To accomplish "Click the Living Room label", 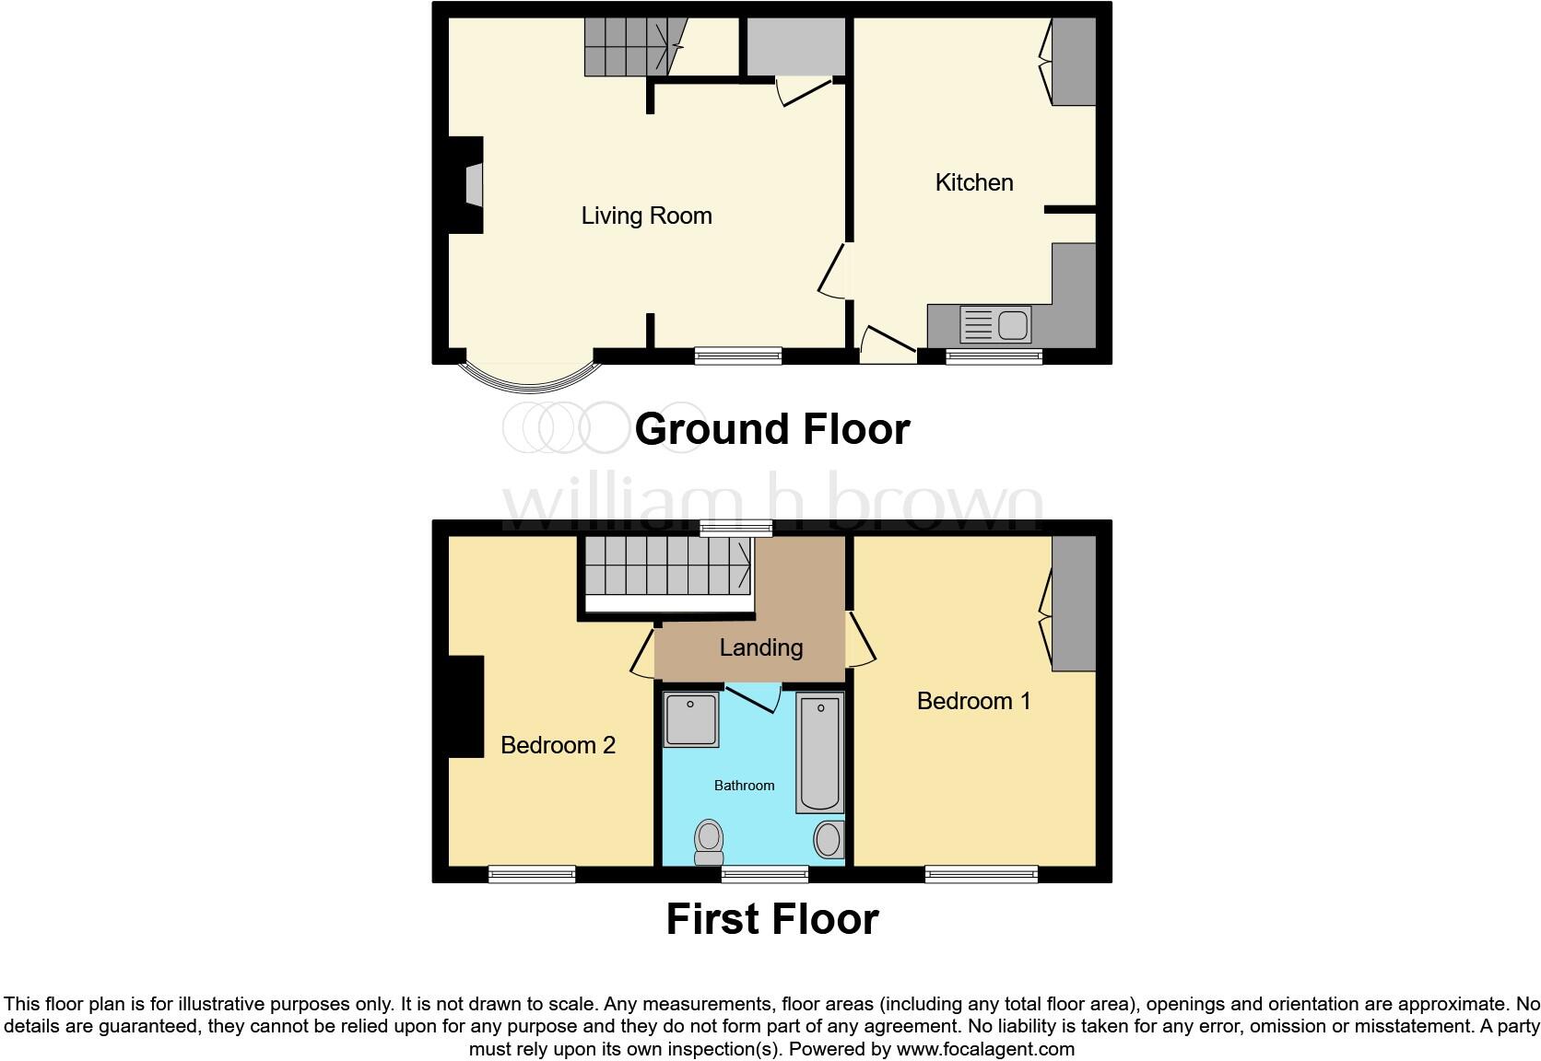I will tap(646, 216).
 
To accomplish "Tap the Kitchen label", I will tap(973, 182).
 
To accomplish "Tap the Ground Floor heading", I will tap(771, 429).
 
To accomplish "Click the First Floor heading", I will tap(771, 919).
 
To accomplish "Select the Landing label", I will tap(760, 647).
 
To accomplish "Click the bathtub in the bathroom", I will tap(819, 753).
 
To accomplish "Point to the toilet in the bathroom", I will tap(709, 841).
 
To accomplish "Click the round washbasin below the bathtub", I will tap(828, 839).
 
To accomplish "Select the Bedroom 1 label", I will tap(973, 701).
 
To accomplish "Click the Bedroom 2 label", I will tap(558, 745).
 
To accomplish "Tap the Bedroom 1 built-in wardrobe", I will tap(1074, 603).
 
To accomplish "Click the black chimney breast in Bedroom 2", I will tap(466, 706).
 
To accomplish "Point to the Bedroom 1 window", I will tap(982, 874).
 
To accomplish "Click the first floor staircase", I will tap(665, 565).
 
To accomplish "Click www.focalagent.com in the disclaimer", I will tap(984, 1049).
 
